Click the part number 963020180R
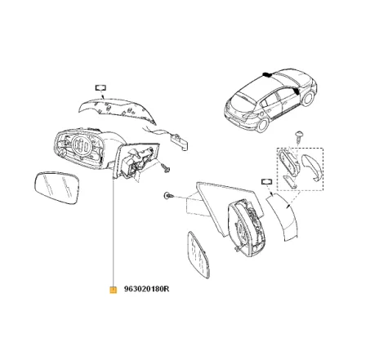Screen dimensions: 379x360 (x=146, y=289)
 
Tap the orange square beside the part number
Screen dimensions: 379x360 (x=113, y=290)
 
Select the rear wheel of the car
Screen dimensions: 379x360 (x=263, y=124)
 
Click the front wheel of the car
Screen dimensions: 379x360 (x=308, y=99)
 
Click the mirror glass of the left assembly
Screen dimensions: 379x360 (x=57, y=188)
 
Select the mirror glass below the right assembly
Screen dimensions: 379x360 (x=198, y=255)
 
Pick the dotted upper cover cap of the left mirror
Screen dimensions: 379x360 (x=117, y=110)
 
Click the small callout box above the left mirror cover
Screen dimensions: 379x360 (x=100, y=88)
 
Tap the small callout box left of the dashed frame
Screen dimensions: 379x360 (x=267, y=181)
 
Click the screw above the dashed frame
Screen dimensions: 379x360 (x=299, y=137)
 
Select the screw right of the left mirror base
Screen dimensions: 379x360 (x=166, y=167)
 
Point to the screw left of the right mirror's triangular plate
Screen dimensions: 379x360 (x=168, y=195)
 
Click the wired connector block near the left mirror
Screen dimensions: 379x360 (x=180, y=141)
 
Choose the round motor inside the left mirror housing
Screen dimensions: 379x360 (x=82, y=146)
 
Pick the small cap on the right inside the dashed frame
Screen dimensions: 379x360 (x=311, y=167)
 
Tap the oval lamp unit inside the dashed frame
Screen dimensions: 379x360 (x=288, y=162)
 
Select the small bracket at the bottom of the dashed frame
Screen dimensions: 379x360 (x=290, y=181)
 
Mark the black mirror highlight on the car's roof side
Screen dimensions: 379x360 (x=267, y=74)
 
